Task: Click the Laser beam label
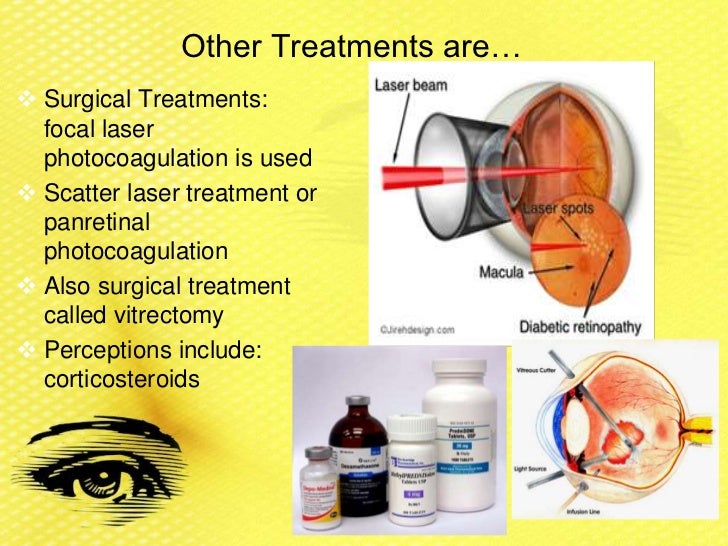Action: (x=411, y=86)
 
